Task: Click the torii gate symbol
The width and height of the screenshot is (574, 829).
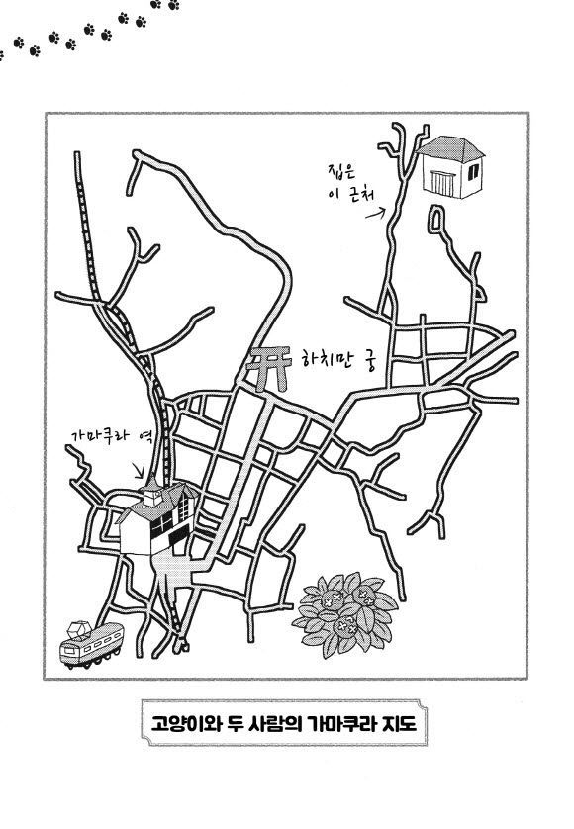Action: (x=270, y=368)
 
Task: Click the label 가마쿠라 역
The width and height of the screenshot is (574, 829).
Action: (x=112, y=437)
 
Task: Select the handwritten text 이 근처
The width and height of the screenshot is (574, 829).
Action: (x=351, y=194)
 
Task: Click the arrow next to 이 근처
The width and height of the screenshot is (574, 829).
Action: (x=375, y=213)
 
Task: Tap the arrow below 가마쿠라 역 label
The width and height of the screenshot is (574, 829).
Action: (x=140, y=470)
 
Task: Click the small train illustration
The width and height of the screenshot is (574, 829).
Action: (x=91, y=644)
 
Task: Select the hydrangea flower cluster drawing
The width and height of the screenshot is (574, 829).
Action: (x=345, y=613)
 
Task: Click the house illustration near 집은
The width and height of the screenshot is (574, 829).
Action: (x=451, y=167)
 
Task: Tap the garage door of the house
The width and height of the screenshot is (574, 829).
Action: (x=441, y=183)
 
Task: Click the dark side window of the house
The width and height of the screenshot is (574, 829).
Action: (x=473, y=171)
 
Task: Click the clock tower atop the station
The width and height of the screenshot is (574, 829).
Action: (x=152, y=493)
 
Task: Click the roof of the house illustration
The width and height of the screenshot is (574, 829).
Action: (x=451, y=148)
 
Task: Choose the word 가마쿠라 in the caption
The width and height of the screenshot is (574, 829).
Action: (x=340, y=723)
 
